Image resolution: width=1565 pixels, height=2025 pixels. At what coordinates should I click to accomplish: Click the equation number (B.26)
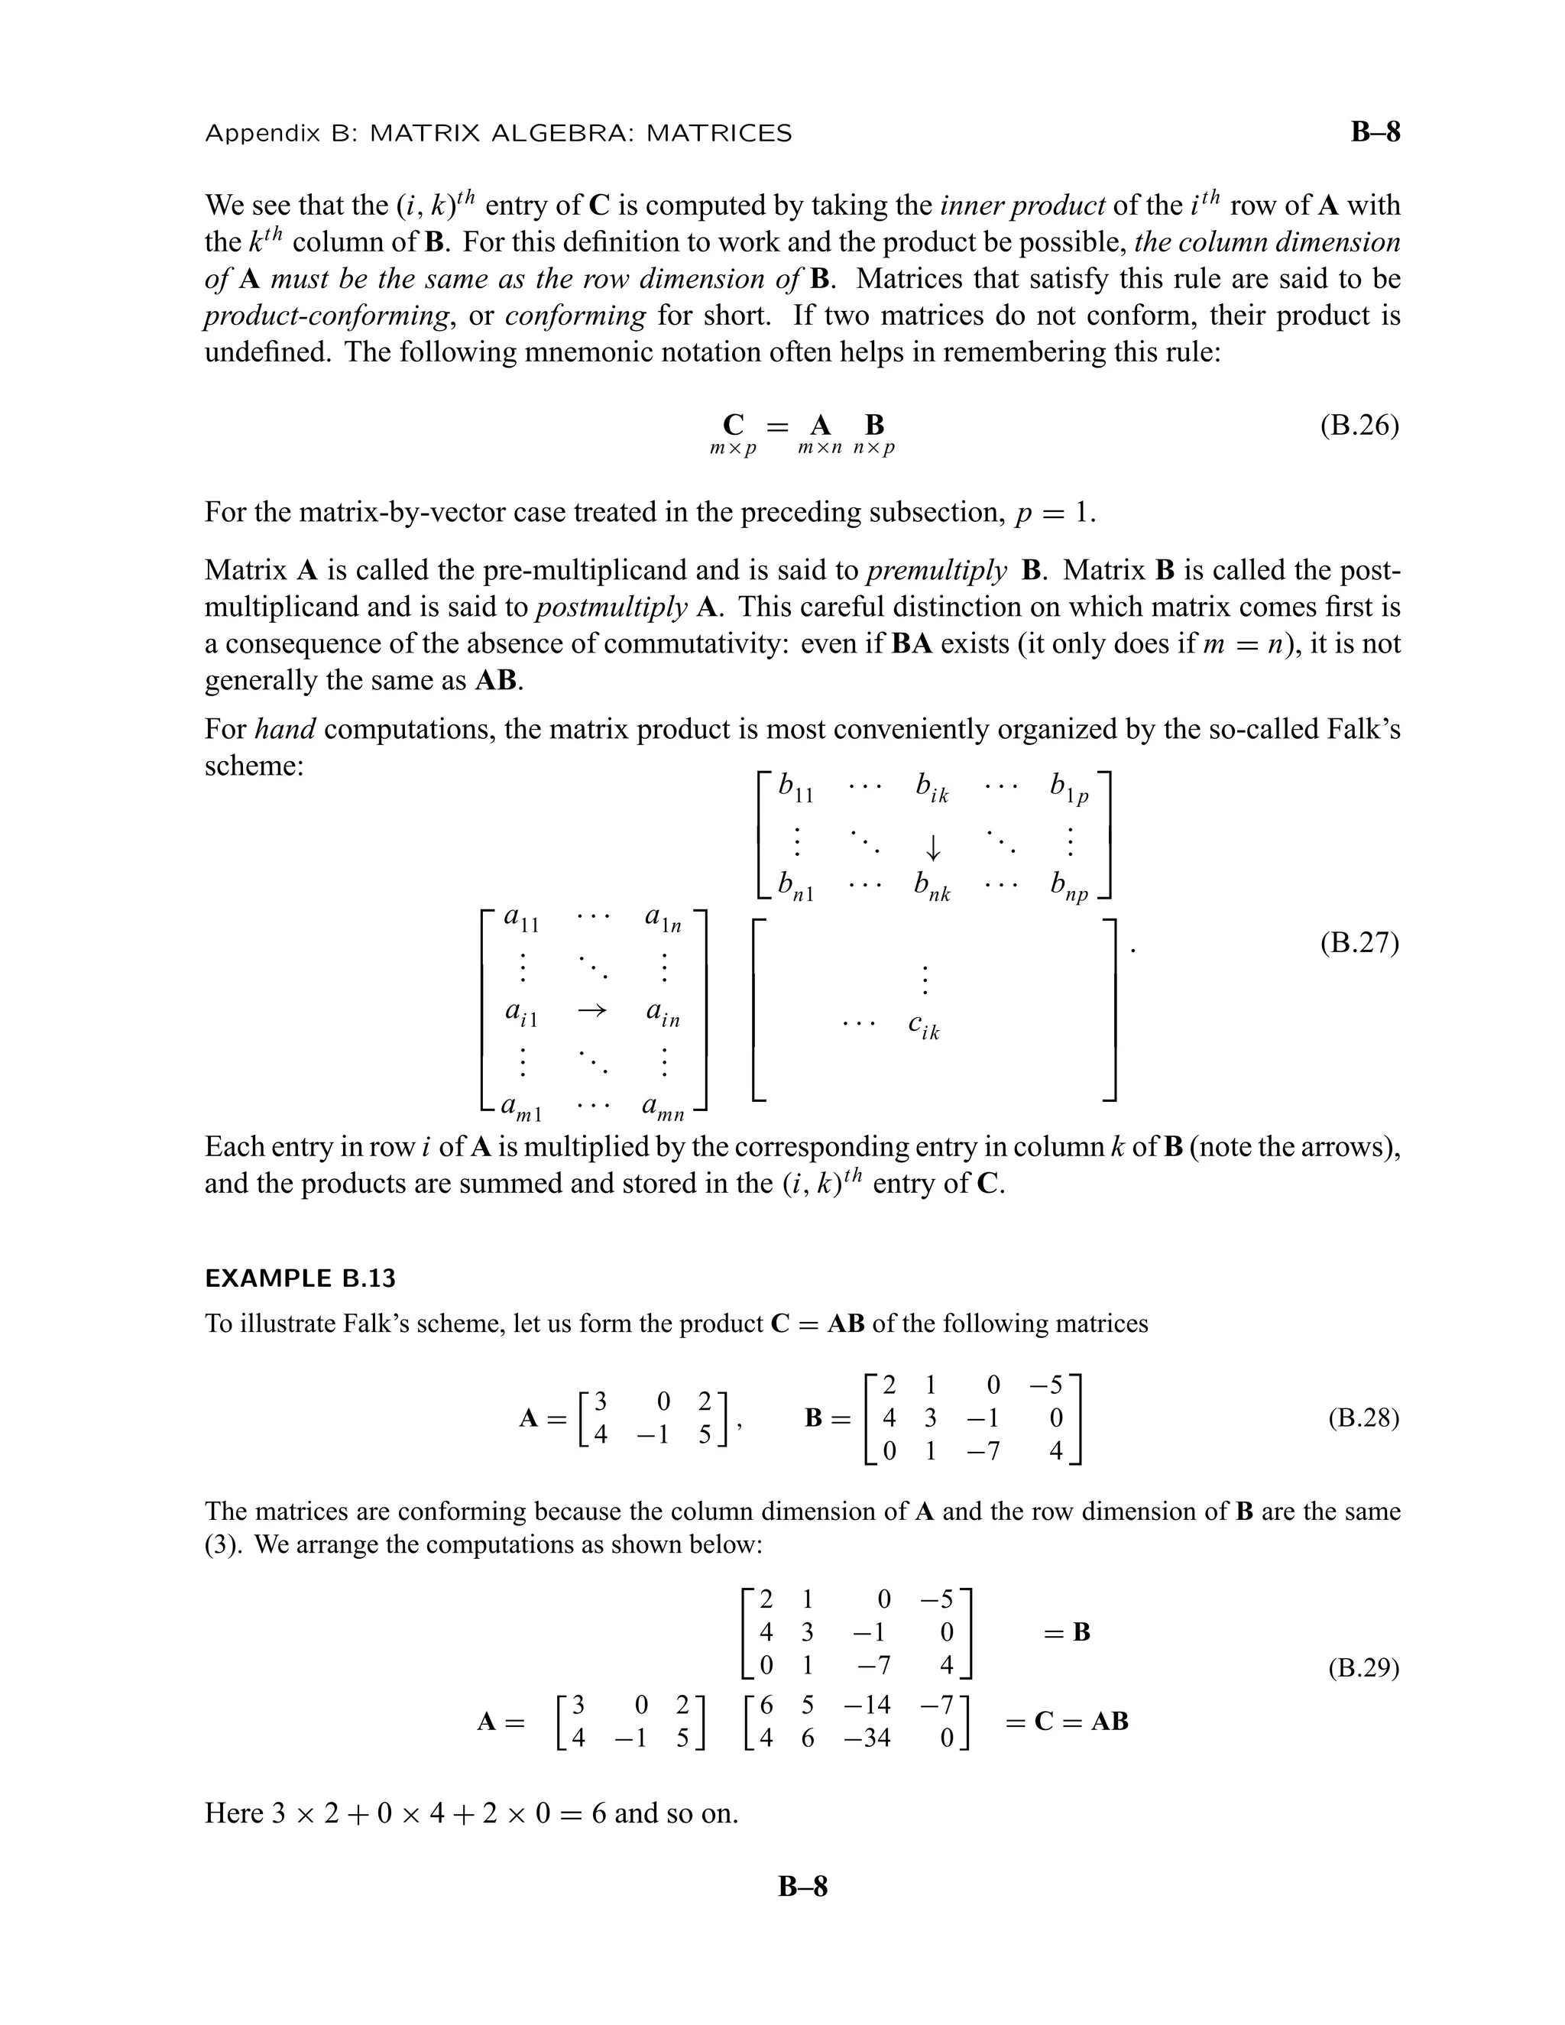click(x=1359, y=426)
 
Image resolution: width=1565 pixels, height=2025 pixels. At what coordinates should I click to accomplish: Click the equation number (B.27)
click(x=1359, y=943)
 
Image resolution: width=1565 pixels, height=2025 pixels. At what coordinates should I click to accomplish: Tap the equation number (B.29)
click(x=1363, y=1669)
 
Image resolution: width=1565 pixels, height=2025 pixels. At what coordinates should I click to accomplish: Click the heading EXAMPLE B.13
click(x=300, y=1278)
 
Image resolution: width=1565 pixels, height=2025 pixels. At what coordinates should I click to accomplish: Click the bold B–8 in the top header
click(x=1375, y=133)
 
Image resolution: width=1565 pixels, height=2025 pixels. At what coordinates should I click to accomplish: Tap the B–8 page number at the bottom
click(x=802, y=1886)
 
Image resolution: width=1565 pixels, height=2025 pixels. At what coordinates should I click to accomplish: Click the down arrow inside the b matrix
click(x=933, y=847)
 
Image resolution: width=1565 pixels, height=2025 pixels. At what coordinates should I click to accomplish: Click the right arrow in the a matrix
click(x=591, y=1011)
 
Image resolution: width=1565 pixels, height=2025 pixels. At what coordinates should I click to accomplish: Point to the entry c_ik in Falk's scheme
click(x=923, y=1026)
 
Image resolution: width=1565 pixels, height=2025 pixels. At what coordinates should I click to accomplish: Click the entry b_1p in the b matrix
click(x=1069, y=789)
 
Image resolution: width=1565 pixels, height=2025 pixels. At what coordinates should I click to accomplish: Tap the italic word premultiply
click(x=936, y=570)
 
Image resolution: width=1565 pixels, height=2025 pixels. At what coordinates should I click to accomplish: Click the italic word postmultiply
click(x=612, y=607)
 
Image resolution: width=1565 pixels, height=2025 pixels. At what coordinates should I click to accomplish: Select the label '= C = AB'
click(x=1066, y=1722)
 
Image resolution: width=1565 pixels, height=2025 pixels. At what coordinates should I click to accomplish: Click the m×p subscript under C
click(x=732, y=449)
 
